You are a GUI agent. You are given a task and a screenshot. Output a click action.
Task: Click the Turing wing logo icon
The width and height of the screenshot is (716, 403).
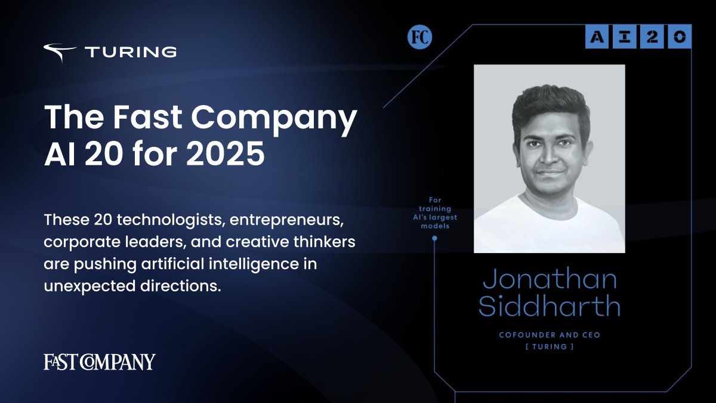(59, 53)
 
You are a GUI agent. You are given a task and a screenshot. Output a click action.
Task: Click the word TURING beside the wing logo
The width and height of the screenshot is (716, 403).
(131, 53)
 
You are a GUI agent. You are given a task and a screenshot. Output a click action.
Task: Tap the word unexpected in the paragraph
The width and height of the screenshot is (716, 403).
(81, 285)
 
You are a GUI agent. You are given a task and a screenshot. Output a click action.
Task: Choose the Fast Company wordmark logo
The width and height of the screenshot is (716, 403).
(100, 362)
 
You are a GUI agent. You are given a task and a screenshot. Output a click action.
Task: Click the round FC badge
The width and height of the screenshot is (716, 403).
(419, 38)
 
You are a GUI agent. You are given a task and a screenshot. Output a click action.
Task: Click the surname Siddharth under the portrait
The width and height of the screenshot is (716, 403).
(549, 306)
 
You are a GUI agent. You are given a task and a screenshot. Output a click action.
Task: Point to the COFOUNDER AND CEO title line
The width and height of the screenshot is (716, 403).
(549, 335)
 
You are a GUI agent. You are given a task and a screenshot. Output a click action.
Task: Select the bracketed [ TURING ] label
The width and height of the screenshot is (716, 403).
(549, 347)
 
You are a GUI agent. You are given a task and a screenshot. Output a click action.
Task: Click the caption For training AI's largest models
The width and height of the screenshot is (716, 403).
(434, 213)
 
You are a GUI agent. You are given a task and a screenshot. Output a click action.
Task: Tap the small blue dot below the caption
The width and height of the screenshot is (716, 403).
(434, 238)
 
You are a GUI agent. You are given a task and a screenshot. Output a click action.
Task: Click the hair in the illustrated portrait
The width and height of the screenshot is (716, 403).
(549, 104)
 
